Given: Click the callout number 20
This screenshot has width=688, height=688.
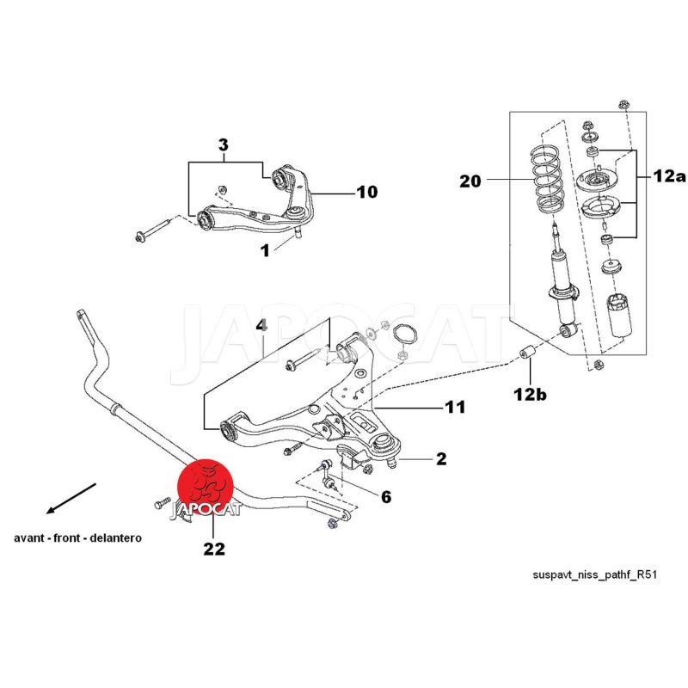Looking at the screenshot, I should [x=471, y=181].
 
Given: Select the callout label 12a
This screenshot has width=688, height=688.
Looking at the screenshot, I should [x=667, y=176].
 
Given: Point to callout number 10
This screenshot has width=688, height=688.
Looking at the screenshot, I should [x=366, y=192].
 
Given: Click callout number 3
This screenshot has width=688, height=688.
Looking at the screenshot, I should [x=223, y=146].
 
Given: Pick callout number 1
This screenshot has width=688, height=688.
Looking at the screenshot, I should [x=265, y=250].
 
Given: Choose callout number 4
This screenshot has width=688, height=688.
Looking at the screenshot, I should [x=263, y=326].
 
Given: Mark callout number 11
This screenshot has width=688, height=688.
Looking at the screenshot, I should [x=455, y=407].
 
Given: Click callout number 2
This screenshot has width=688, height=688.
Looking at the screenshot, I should [x=441, y=459].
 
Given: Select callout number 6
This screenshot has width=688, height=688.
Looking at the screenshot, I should [x=386, y=496].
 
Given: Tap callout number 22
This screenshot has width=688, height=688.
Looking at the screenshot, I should [x=213, y=549].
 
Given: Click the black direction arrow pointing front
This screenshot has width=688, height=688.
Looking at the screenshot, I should [x=73, y=498].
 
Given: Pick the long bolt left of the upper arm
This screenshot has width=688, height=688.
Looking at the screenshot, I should [x=157, y=230].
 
